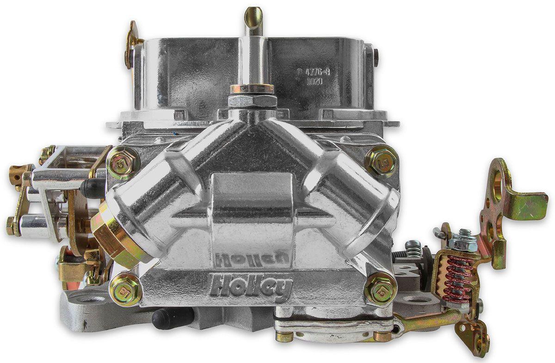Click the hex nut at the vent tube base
[x=252, y=100]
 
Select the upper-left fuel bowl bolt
[x=123, y=162]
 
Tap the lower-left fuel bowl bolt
[x=125, y=289]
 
